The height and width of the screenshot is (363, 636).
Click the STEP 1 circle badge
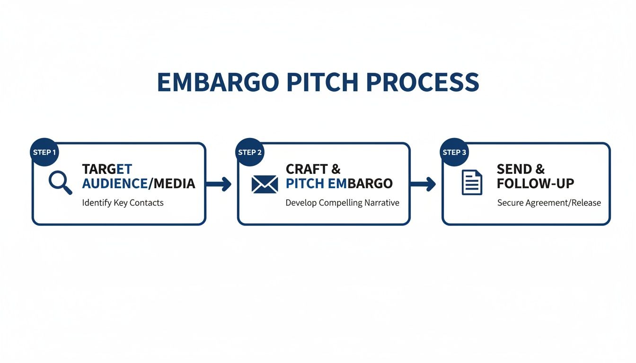pyautogui.click(x=44, y=152)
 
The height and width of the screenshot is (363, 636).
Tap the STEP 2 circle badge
pyautogui.click(x=250, y=152)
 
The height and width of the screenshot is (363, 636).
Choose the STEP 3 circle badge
pyautogui.click(x=454, y=152)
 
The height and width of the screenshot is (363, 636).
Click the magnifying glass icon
pyautogui.click(x=60, y=183)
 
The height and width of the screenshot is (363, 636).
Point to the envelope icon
pyautogui.click(x=265, y=184)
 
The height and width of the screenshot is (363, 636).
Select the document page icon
pyautogui.click(x=471, y=182)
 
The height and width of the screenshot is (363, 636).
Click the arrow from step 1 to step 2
pyautogui.click(x=219, y=184)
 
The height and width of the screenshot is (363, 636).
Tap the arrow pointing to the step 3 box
pyautogui.click(x=423, y=184)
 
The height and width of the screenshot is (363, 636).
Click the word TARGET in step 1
pyautogui.click(x=107, y=169)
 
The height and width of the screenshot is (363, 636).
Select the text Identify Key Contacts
pyautogui.click(x=123, y=203)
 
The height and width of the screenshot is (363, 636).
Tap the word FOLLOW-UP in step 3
pyautogui.click(x=535, y=183)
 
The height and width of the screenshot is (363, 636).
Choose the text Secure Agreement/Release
pyautogui.click(x=549, y=203)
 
